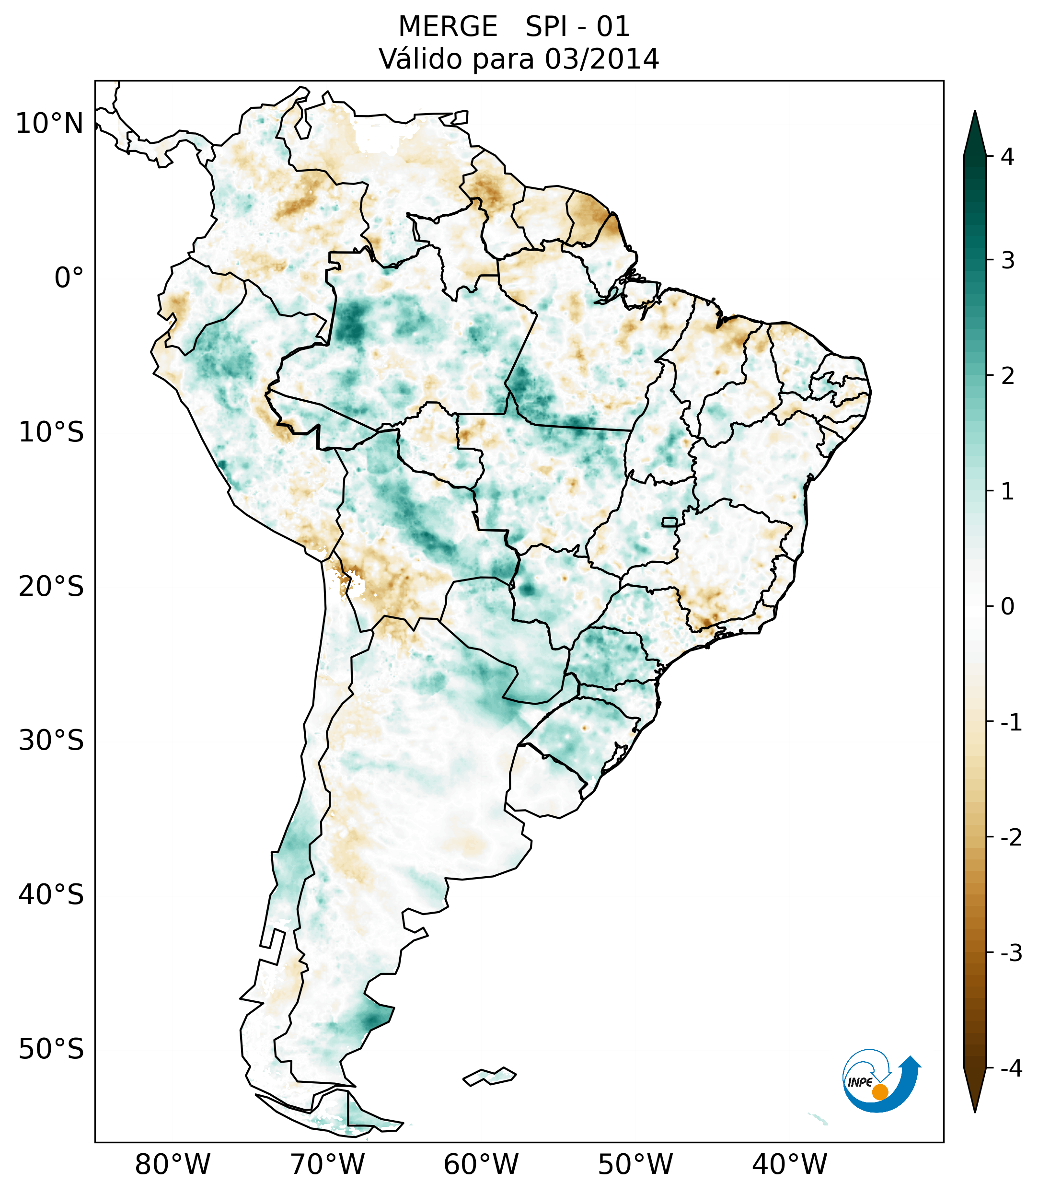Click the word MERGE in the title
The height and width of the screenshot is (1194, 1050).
448,27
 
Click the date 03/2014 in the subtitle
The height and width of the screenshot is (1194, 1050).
601,59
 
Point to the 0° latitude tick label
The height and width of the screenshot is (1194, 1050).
69,278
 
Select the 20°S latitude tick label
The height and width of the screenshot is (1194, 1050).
51,587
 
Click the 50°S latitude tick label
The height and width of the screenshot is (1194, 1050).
51,1050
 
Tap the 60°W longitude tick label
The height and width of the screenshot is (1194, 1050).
481,1165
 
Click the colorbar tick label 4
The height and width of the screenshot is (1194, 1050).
1007,157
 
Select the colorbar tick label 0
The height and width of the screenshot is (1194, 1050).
1007,607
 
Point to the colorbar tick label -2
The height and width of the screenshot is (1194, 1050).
1011,838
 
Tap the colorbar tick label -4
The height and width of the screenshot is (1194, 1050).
1011,1069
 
